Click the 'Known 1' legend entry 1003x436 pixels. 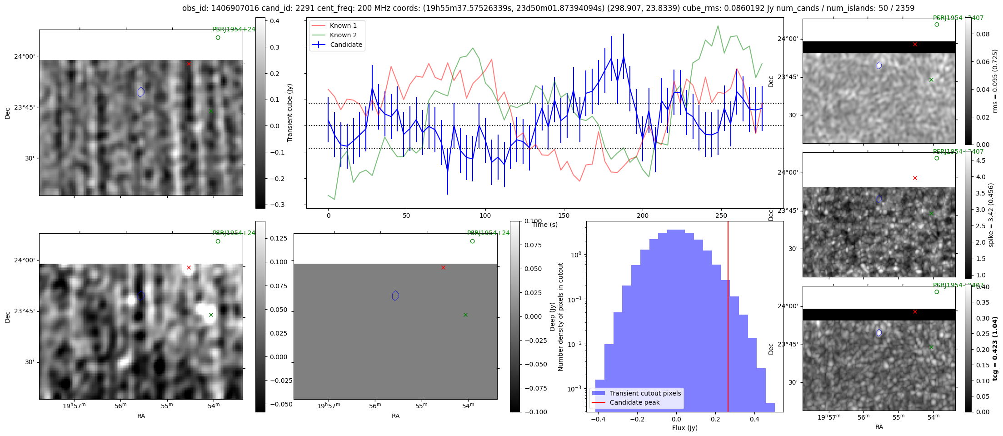(x=343, y=25)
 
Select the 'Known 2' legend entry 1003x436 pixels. (x=343, y=35)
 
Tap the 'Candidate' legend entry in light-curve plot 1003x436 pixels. (x=346, y=45)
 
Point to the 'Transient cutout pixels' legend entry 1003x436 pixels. (x=645, y=393)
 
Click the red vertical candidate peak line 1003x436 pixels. (x=728, y=318)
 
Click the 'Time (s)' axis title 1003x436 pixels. (x=545, y=225)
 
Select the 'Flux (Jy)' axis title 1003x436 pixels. (x=684, y=428)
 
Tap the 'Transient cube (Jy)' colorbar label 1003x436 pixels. (x=289, y=113)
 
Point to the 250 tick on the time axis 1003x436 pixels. (x=721, y=215)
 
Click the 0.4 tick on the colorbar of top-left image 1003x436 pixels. (x=274, y=21)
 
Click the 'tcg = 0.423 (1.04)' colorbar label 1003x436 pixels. (x=995, y=349)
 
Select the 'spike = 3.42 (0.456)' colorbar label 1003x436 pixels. (x=991, y=215)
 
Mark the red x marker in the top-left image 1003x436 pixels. (x=189, y=64)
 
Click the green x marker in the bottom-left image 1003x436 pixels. (x=211, y=315)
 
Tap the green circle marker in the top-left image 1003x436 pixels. (x=218, y=38)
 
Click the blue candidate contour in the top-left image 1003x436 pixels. (x=141, y=92)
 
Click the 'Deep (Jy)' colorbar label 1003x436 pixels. (x=552, y=316)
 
